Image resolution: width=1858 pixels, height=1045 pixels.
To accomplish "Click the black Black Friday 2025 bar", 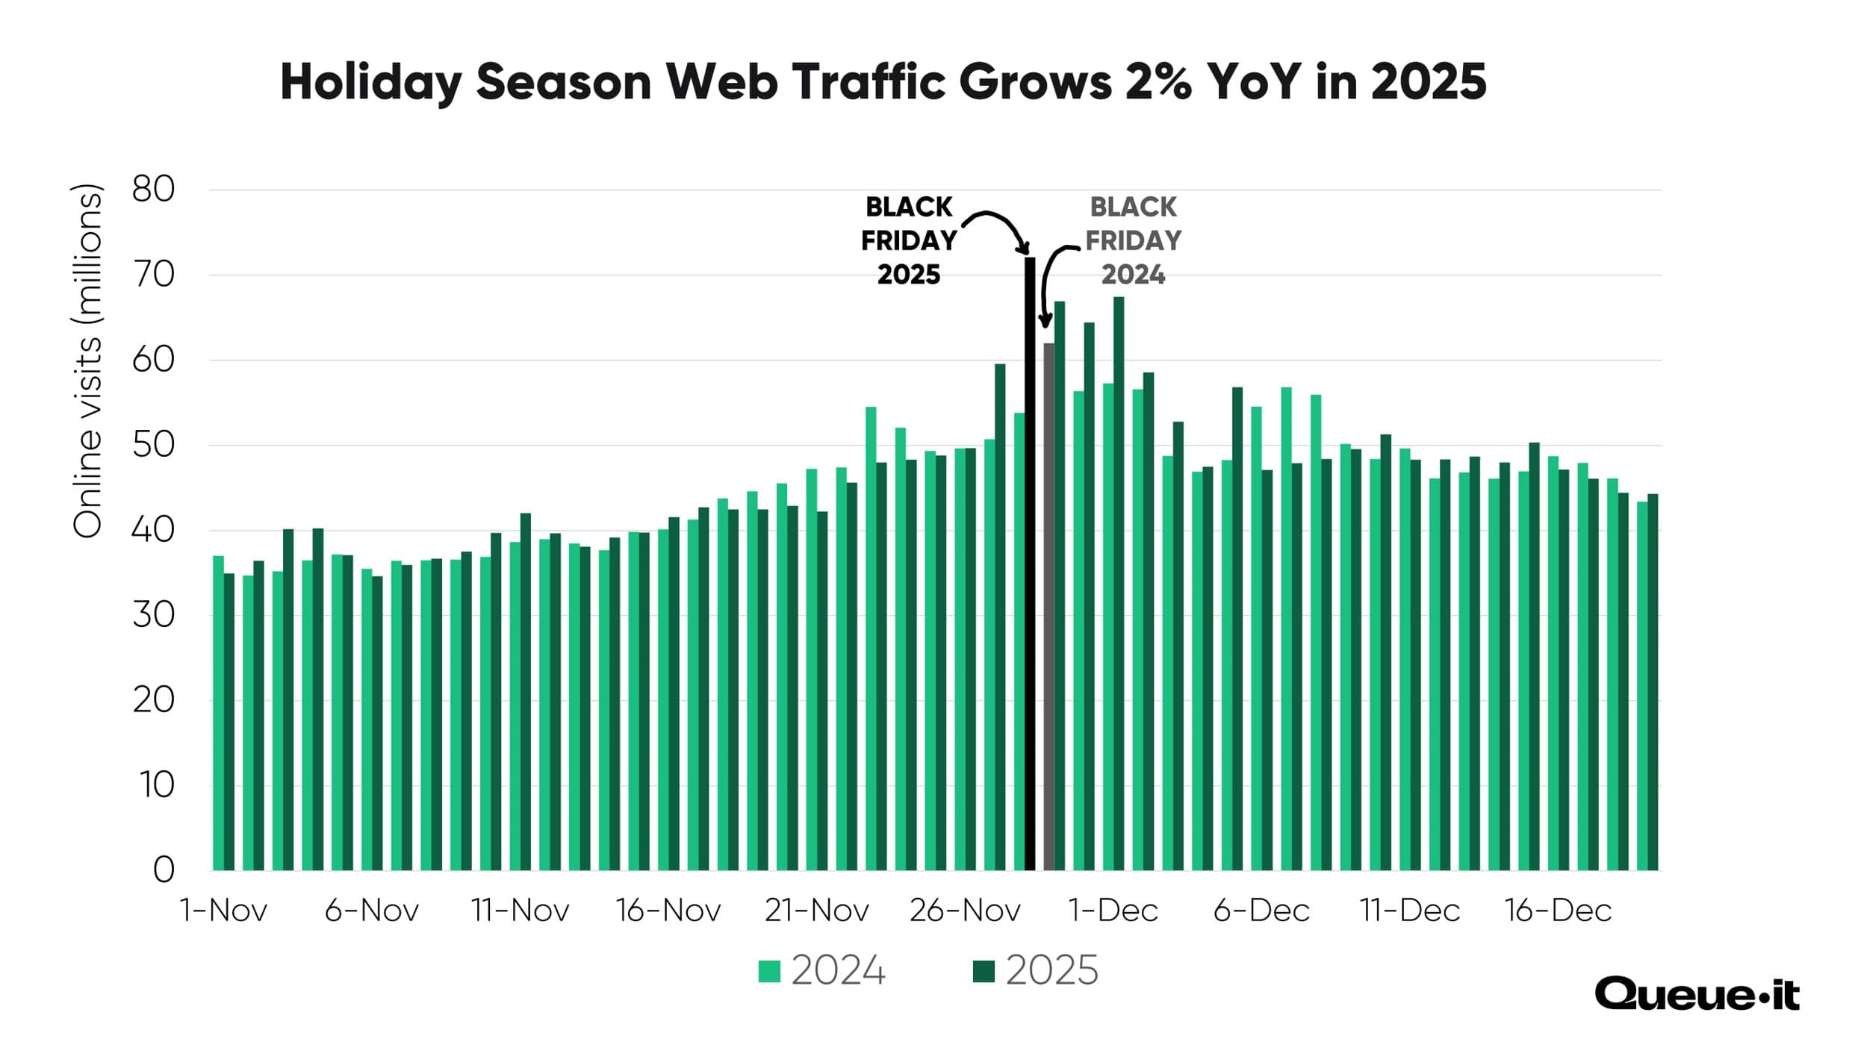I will [x=1030, y=567].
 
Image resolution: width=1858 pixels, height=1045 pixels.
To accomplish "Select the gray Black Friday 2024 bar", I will [x=1048, y=608].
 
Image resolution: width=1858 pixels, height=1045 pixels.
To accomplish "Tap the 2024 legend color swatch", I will [x=769, y=971].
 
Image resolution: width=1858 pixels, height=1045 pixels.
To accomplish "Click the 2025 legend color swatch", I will [x=984, y=971].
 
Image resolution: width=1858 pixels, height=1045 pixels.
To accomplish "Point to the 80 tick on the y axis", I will [x=153, y=189].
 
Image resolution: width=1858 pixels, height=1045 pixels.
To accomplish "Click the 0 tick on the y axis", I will [x=164, y=870].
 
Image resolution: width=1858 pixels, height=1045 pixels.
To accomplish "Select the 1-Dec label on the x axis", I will [x=1113, y=911].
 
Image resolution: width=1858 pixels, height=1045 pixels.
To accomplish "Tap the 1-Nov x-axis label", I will [x=223, y=911].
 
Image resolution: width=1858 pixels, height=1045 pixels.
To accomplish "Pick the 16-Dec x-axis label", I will [x=1558, y=911].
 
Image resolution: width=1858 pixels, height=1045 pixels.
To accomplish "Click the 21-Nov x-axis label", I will [x=816, y=911].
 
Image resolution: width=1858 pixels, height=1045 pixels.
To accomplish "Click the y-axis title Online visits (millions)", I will [x=87, y=361].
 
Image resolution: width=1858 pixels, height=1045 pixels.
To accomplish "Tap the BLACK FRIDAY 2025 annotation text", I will [x=908, y=240].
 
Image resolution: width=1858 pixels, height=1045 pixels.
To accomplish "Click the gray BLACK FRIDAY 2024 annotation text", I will [x=1133, y=240].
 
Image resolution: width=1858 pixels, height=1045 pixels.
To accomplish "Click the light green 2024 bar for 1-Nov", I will [x=218, y=713].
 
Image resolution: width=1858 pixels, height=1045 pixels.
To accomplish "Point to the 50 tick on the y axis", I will [x=153, y=445].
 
